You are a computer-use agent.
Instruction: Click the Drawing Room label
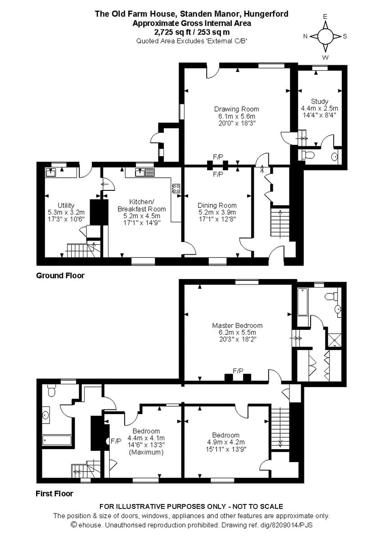coord(236,109)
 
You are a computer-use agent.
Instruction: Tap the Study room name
coord(319,101)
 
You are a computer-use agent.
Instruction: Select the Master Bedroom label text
coord(237,325)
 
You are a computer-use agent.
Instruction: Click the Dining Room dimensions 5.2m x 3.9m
coord(217,212)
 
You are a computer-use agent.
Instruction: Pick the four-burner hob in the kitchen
coord(176,188)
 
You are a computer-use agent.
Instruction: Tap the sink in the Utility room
coord(50,172)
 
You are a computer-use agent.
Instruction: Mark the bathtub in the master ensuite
coord(302,301)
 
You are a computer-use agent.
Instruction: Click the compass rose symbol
coord(325,36)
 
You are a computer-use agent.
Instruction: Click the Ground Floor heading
coord(60,275)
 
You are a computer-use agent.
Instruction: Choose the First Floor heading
coord(54,494)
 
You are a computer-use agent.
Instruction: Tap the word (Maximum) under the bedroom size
coord(146,452)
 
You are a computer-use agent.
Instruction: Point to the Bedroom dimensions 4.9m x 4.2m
coord(226,442)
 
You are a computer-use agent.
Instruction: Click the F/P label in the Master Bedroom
coord(238,371)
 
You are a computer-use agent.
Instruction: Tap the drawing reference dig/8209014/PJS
coord(289,525)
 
